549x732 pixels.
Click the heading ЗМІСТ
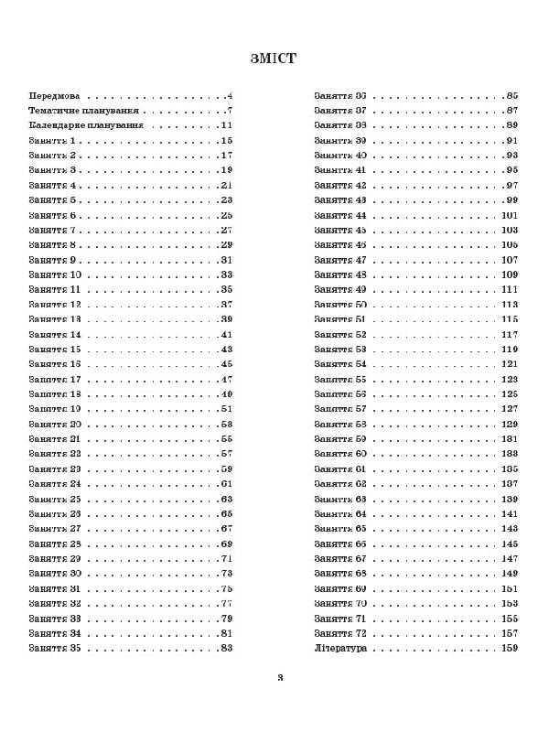[x=274, y=59]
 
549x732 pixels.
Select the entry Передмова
[x=54, y=95]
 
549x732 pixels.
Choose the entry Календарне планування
[x=86, y=124]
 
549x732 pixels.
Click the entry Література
[x=340, y=648]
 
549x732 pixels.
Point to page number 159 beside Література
[x=510, y=648]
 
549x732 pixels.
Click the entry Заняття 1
[x=54, y=140]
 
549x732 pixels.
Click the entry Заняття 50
[x=340, y=304]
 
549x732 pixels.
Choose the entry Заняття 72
[x=340, y=633]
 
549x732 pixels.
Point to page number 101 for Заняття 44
[x=510, y=215]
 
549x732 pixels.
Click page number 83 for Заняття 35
[x=225, y=648]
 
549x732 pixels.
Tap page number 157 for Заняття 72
[x=510, y=633]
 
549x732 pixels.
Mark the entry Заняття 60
[x=340, y=454]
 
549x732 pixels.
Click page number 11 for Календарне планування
[x=226, y=124]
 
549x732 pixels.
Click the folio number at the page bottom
[x=282, y=678]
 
